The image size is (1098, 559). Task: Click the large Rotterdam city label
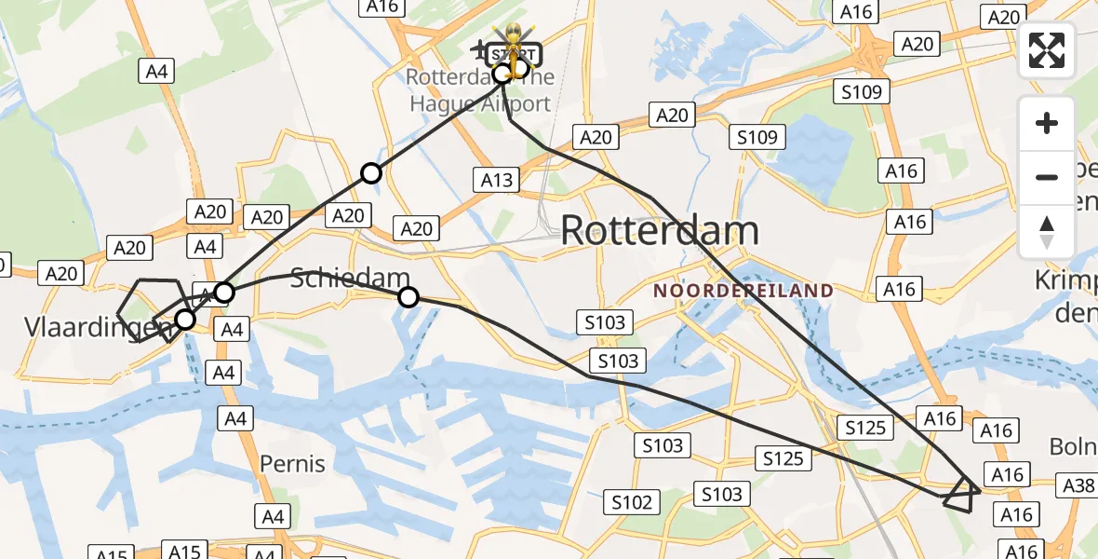(x=661, y=231)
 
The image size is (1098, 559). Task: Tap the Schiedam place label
(x=350, y=278)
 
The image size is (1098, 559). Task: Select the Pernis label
(x=292, y=463)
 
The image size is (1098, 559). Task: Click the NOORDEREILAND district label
(x=743, y=291)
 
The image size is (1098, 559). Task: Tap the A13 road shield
(x=497, y=180)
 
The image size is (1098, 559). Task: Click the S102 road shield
(x=632, y=503)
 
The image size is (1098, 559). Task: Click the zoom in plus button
(x=1047, y=123)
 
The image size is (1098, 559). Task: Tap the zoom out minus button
(x=1047, y=177)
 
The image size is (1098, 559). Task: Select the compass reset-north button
(x=1047, y=231)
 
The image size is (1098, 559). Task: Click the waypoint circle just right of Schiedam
(x=408, y=297)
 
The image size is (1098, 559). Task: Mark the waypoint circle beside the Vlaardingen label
(x=185, y=320)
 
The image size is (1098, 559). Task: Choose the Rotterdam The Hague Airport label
(x=479, y=90)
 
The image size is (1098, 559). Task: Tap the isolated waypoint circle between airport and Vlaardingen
(x=371, y=172)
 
